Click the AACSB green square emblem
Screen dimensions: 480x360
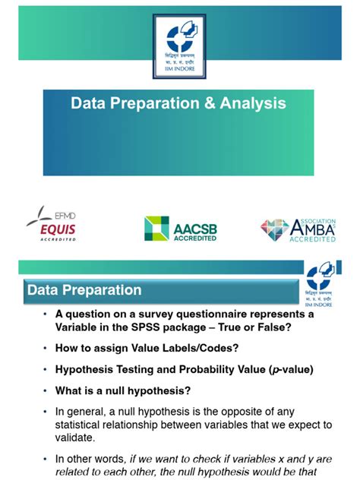coord(157,228)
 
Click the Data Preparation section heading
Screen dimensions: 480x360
coord(84,290)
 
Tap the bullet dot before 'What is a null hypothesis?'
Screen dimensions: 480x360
coord(46,391)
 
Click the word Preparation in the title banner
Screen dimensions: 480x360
coord(141,103)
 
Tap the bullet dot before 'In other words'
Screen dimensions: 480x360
coord(46,459)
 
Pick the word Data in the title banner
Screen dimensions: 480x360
coord(87,103)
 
